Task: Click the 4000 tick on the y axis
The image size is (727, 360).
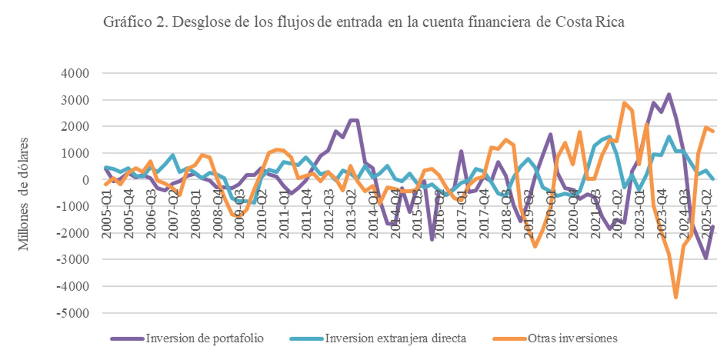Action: pos(75,73)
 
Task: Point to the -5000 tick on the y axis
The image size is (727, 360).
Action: pos(73,313)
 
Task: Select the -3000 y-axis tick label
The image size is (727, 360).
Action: pos(73,259)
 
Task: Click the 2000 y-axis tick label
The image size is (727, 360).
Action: pos(75,126)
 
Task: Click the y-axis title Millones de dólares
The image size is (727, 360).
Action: pos(23,194)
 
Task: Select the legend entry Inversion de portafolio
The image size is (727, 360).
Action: pos(204,339)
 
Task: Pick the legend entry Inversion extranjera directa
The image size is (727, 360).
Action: pos(395,339)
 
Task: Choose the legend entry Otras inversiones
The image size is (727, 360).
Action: pos(572,339)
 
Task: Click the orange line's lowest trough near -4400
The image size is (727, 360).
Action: pos(676,297)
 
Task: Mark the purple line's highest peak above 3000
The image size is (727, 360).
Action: pos(669,94)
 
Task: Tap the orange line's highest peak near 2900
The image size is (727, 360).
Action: pos(624,102)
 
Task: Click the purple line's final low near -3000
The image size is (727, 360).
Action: pos(706,258)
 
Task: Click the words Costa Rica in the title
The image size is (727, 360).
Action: pos(590,22)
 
